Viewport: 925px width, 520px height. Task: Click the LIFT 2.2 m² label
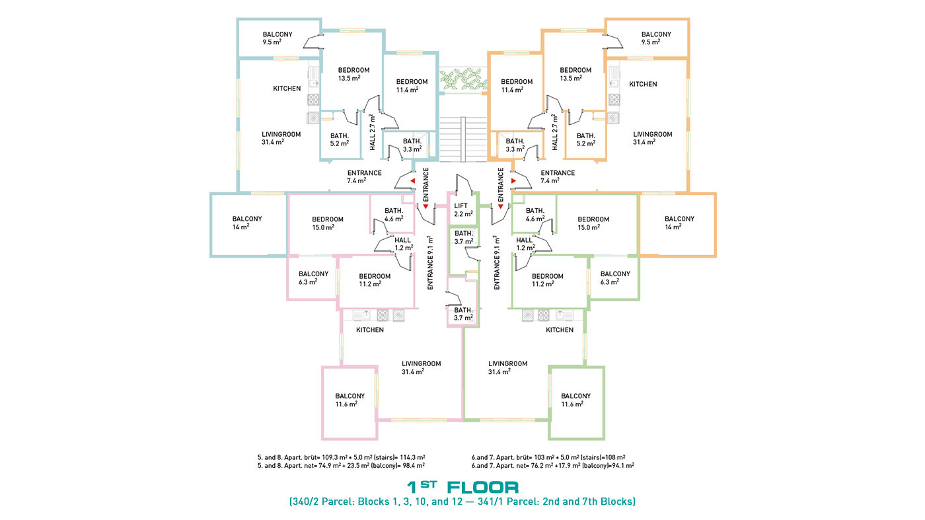[463, 210]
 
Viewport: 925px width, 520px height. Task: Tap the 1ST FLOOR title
[462, 487]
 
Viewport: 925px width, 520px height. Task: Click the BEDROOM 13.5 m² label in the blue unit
[353, 74]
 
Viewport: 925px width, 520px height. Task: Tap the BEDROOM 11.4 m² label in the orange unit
[517, 85]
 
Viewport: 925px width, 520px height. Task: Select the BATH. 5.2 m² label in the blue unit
[340, 139]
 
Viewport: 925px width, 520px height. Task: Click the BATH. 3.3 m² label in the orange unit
[515, 145]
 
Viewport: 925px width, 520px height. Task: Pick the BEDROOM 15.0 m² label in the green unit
[593, 223]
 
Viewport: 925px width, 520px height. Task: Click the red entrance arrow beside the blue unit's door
[412, 181]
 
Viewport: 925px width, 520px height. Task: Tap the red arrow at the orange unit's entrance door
[514, 181]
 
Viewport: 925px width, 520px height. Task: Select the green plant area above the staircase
[462, 79]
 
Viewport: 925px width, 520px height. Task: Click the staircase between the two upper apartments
[463, 139]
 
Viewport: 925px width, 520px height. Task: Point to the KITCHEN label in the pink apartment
[370, 330]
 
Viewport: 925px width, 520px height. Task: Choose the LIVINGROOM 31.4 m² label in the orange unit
[653, 138]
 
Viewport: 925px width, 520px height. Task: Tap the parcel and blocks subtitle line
[462, 501]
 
